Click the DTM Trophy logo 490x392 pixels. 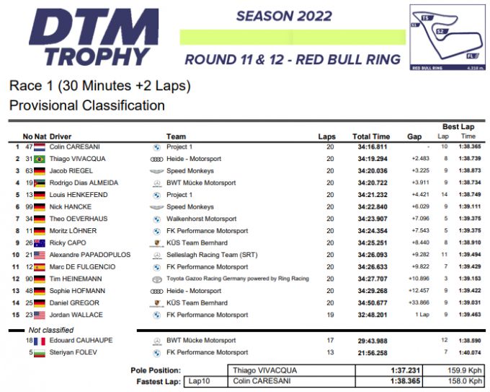93,36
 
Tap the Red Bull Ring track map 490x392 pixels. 446,37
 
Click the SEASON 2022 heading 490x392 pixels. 284,17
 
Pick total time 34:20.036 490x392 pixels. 372,170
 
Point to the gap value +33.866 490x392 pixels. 421,303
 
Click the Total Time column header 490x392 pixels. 371,136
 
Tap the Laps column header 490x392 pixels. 327,136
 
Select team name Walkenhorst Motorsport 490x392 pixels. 201,219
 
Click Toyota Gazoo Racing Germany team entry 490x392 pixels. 237,279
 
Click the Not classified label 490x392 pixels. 50,330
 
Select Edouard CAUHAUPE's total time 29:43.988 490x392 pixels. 372,340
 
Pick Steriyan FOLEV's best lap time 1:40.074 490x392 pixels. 468,352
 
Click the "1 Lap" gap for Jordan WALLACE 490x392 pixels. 422,315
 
